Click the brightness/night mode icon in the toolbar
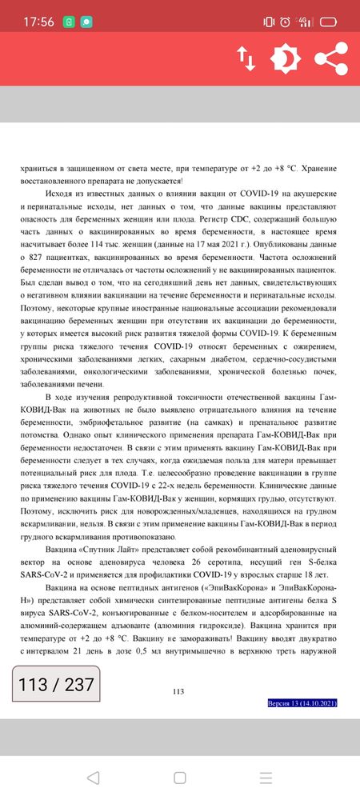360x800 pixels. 285,58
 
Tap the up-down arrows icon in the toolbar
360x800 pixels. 246,58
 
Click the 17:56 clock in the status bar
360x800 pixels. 38,22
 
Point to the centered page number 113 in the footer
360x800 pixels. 179,692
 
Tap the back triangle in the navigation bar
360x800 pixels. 93,778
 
